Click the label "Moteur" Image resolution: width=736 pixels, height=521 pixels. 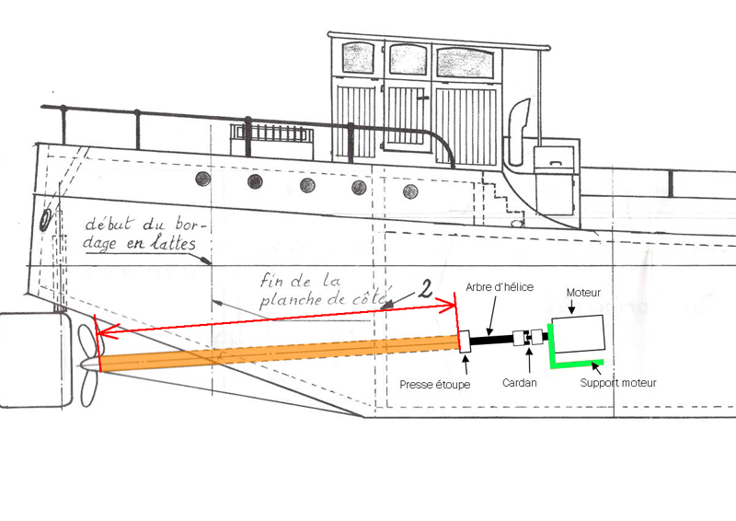582,292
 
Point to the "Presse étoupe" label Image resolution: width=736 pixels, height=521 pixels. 434,383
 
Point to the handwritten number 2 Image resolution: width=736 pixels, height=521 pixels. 424,289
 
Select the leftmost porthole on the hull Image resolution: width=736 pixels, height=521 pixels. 202,178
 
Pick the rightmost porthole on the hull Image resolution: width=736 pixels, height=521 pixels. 409,191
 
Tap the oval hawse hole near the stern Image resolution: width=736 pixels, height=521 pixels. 46,220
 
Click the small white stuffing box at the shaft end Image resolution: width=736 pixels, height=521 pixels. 464,341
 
